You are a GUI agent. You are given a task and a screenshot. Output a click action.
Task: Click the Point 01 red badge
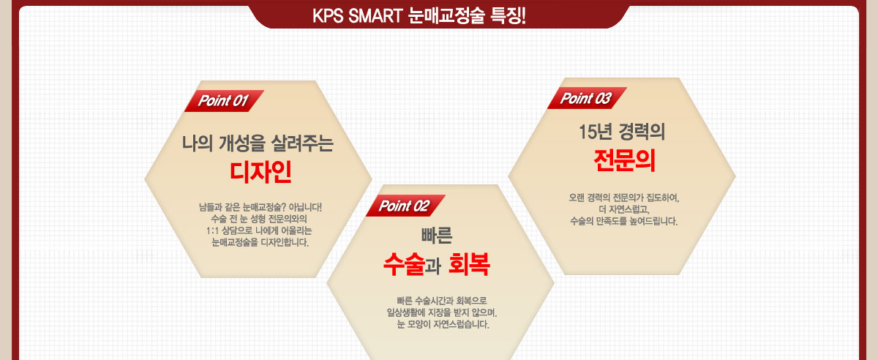coord(224,101)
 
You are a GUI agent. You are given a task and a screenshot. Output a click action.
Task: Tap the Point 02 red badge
coord(405,206)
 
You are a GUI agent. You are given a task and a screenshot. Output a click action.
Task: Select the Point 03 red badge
coord(587,98)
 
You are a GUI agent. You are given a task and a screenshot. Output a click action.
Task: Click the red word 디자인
coord(260,172)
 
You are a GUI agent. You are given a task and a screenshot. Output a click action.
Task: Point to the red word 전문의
coord(624,160)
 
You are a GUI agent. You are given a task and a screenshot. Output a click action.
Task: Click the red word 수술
coord(404,264)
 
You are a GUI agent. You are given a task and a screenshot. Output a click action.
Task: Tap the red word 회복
coord(469,264)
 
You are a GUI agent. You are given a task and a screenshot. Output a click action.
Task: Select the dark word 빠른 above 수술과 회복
coord(437,236)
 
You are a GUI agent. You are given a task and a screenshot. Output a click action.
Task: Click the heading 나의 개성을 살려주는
coord(258,143)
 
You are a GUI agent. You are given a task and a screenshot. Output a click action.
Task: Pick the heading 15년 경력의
coord(622,132)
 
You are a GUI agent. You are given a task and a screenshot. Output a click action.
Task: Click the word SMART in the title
coord(375,16)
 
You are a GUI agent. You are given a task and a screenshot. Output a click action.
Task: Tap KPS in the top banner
coord(328,16)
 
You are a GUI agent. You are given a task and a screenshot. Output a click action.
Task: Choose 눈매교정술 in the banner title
coord(446,16)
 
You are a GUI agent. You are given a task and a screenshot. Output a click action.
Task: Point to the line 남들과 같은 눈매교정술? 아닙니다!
coord(260,207)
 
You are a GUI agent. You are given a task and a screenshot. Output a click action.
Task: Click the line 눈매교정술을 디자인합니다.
coord(260,242)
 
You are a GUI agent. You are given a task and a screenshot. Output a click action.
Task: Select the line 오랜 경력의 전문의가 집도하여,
coord(624,198)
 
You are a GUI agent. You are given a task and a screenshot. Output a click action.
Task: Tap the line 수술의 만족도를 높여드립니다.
coord(624,221)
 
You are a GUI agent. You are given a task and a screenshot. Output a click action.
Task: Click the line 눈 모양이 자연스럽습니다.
coord(443,324)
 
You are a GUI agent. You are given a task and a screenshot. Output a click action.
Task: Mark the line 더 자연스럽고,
coord(624,209)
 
